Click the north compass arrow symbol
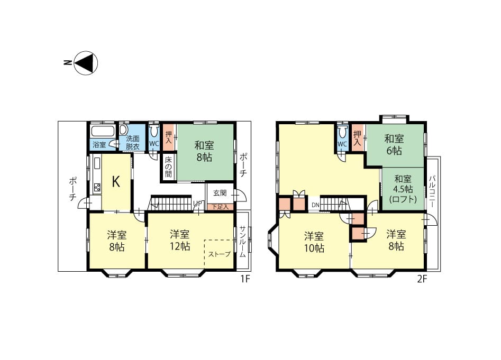(x=86, y=62)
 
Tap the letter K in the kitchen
(x=116, y=182)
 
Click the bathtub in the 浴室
(x=103, y=132)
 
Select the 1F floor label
(x=245, y=279)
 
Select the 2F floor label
(x=422, y=279)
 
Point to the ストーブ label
(x=220, y=254)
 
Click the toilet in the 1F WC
(x=154, y=131)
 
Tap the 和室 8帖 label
(x=204, y=151)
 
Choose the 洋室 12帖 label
(x=180, y=241)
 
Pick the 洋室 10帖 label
(x=314, y=242)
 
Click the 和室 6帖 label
(x=394, y=144)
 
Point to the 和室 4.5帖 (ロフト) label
(x=403, y=189)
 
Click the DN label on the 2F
(x=315, y=205)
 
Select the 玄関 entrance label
(x=220, y=193)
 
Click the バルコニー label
(x=432, y=191)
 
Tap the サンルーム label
(x=242, y=242)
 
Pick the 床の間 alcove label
(x=168, y=167)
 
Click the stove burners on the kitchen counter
(x=97, y=187)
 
